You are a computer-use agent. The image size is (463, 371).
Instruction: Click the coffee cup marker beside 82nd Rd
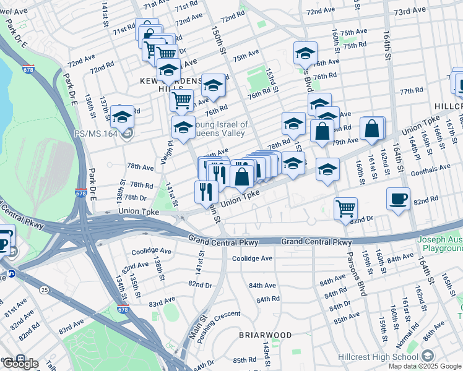(x=399, y=198)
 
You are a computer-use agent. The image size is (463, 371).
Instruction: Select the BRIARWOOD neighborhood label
(x=265, y=335)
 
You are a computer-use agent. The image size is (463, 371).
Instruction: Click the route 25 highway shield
(x=43, y=289)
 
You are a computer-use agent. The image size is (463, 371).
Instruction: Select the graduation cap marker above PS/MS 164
(x=123, y=116)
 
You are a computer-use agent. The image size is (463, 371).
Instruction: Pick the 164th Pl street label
(x=412, y=146)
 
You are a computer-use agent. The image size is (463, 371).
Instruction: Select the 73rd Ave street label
(x=410, y=11)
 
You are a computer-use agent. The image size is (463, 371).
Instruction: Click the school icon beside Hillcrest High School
(x=428, y=357)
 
